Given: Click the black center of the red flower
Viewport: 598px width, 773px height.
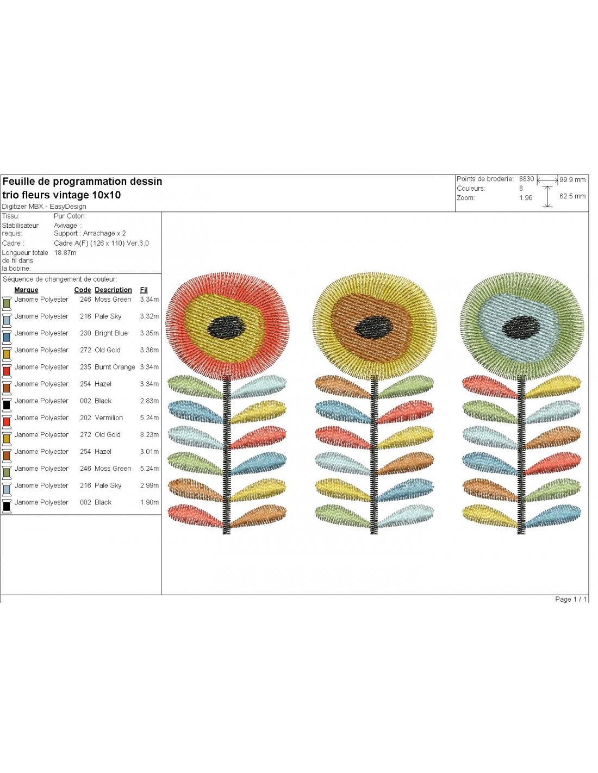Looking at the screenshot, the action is click(226, 327).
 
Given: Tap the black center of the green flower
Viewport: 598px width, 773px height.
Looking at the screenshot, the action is click(520, 327).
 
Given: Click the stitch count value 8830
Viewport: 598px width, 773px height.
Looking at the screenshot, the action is click(526, 179).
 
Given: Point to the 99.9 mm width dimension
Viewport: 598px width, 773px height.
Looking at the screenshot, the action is click(572, 179).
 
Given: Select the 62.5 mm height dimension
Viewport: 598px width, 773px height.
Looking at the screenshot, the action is click(572, 196).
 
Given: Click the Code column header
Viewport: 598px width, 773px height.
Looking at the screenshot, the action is click(83, 290).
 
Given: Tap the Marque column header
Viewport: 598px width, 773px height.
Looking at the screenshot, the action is click(26, 290).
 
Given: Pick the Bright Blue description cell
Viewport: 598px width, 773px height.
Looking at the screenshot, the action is click(111, 333).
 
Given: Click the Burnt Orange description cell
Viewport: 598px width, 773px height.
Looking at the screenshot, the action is click(115, 367).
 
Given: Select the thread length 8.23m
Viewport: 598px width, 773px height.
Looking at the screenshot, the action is click(149, 435).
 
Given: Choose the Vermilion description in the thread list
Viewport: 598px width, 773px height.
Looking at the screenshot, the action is click(109, 417).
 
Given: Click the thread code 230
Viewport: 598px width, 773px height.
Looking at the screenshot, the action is click(85, 333).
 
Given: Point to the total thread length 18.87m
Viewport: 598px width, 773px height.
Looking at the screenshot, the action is click(65, 253).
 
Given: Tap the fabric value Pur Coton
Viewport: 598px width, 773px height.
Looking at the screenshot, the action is click(69, 216).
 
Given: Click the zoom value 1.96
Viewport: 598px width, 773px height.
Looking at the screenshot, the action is click(526, 198).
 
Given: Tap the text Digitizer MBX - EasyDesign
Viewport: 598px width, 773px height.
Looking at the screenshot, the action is click(44, 207).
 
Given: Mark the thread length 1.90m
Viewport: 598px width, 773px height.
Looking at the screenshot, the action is click(149, 502).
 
